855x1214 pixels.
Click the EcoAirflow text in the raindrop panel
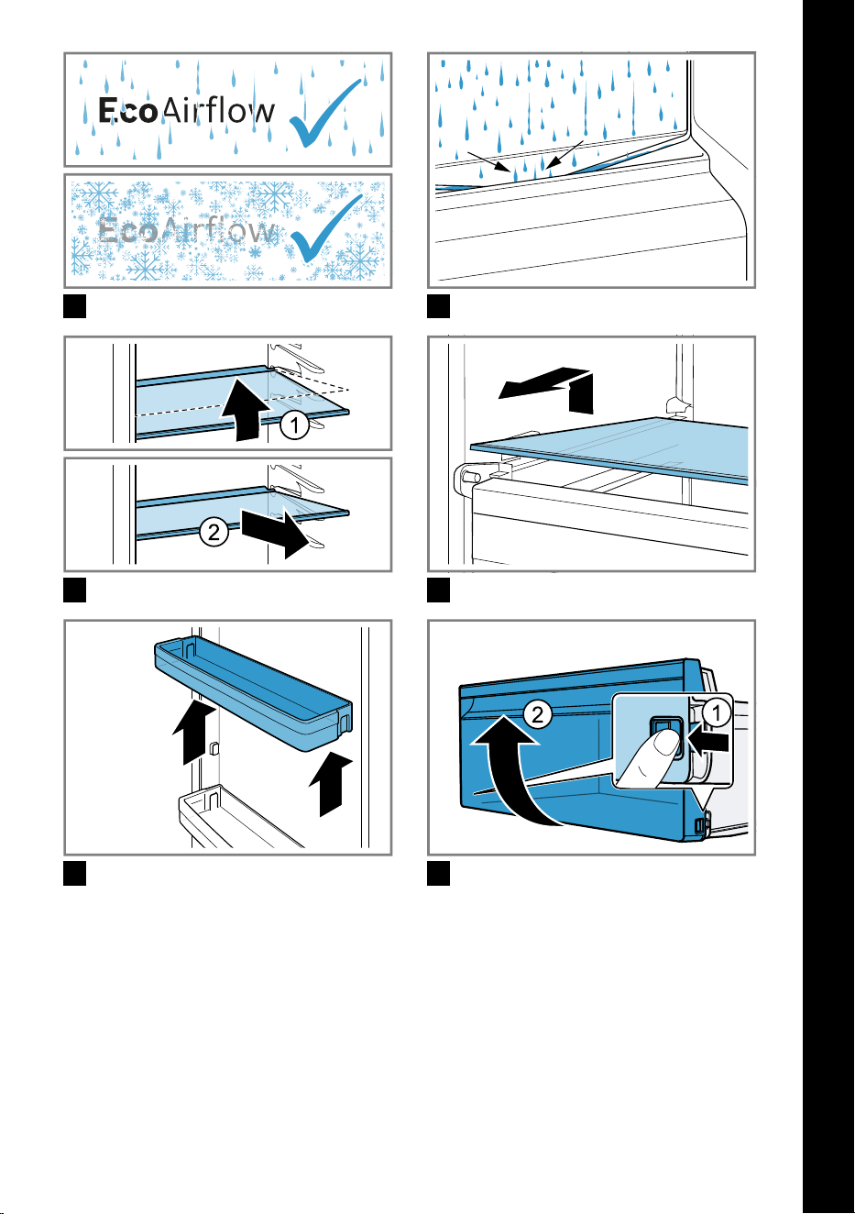(x=186, y=111)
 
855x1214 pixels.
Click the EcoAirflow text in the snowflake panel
(x=186, y=230)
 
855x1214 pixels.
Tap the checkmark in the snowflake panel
(x=326, y=228)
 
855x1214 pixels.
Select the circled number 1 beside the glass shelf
(x=295, y=425)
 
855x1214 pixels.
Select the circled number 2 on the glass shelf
(x=214, y=532)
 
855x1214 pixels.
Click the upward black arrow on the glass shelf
(x=246, y=409)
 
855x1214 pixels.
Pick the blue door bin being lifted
(x=254, y=695)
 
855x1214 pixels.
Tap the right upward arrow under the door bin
(x=331, y=783)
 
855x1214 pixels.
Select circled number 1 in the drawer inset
(x=717, y=713)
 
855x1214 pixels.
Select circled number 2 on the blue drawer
(x=538, y=715)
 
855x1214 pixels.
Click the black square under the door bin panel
(x=75, y=873)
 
